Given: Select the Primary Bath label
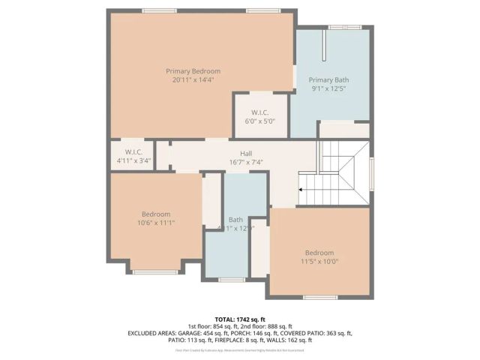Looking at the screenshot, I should click(x=328, y=79).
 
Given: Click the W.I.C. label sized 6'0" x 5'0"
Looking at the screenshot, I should click(x=260, y=112).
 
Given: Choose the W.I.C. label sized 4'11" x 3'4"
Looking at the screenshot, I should click(x=133, y=151).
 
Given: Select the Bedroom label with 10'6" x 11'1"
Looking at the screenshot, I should click(x=156, y=214).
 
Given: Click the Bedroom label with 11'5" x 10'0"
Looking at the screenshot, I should click(x=319, y=253).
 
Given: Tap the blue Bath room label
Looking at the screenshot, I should click(x=235, y=220).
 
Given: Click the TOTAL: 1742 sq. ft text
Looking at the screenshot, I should click(x=240, y=319).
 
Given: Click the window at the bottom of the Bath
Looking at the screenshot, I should click(x=232, y=280).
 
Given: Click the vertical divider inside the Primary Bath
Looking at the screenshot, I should click(x=323, y=47).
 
